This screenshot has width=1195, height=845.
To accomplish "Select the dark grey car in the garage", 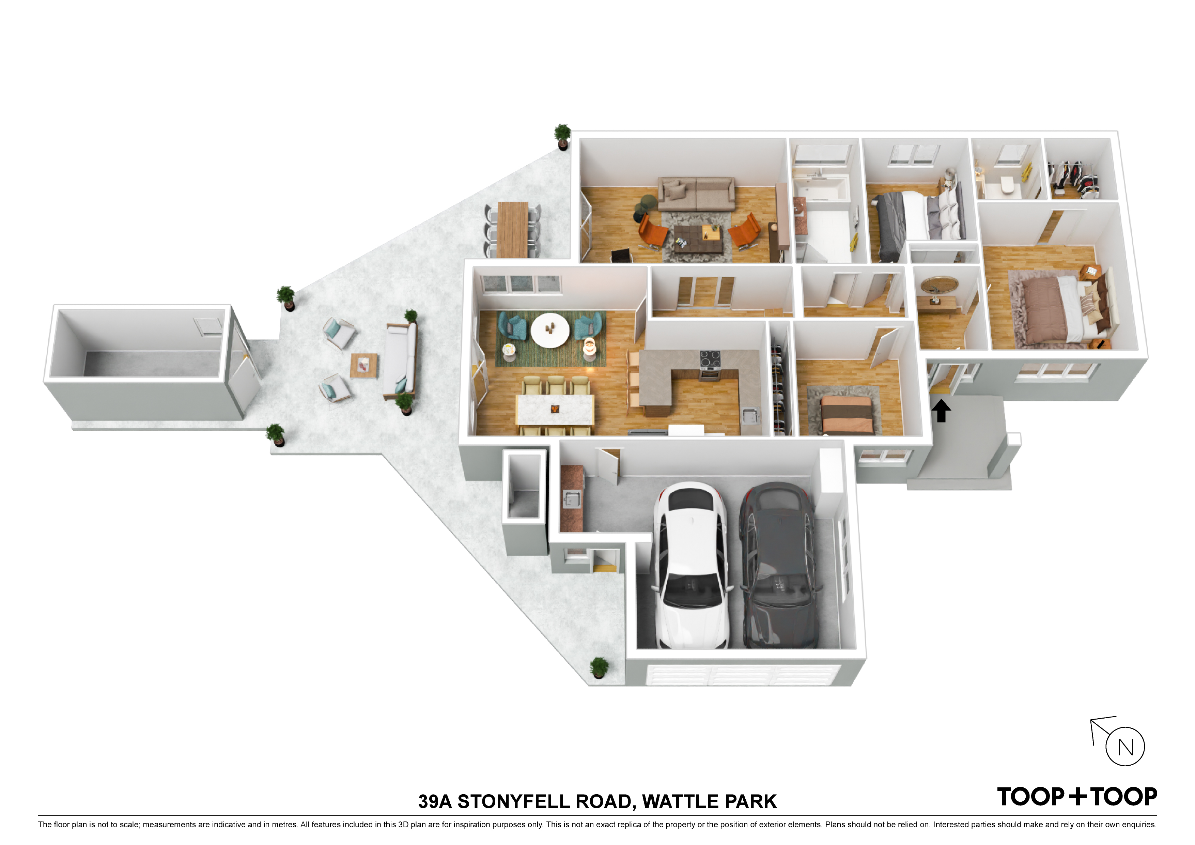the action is pyautogui.click(x=776, y=565).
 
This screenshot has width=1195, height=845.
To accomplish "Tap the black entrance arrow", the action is pyautogui.click(x=941, y=410).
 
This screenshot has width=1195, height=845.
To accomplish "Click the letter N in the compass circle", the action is pyautogui.click(x=1125, y=747).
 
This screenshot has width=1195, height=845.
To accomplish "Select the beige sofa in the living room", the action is pyautogui.click(x=696, y=194).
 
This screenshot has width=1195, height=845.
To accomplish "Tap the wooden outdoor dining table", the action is pyautogui.click(x=513, y=229).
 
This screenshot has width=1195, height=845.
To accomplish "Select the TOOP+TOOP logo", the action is pyautogui.click(x=1076, y=797).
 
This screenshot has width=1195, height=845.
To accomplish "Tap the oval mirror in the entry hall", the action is pyautogui.click(x=940, y=285).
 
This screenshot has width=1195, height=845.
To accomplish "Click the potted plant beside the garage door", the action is pyautogui.click(x=599, y=667).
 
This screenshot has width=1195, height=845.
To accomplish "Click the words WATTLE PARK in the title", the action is pyautogui.click(x=709, y=802).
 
